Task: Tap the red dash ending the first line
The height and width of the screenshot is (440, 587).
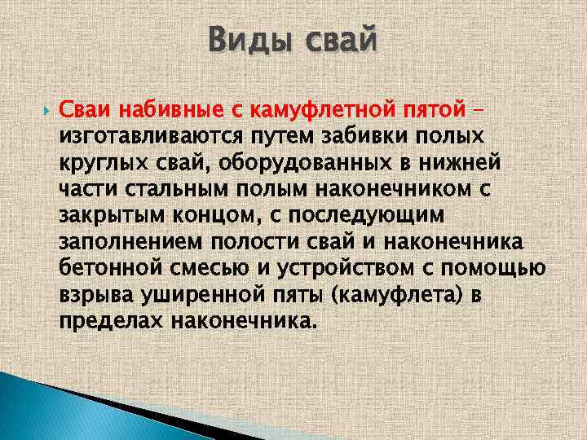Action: (480, 107)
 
